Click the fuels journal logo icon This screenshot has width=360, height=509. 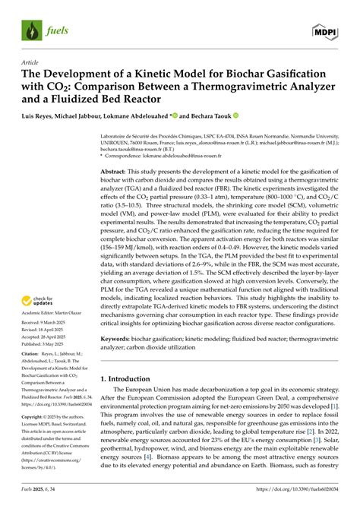pos(31,30)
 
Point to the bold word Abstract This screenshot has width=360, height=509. pos(115,173)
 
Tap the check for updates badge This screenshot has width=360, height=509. pos(43,302)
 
